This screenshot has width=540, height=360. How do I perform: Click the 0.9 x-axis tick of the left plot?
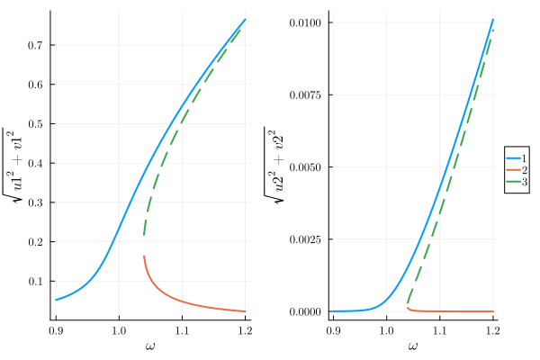56,330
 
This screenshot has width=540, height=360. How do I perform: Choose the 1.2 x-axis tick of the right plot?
492,330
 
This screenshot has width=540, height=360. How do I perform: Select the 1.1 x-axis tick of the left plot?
181,330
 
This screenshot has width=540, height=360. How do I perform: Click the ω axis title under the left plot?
149,346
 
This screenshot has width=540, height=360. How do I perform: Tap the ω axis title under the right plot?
413,346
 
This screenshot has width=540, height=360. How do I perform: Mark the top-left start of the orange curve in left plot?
144,256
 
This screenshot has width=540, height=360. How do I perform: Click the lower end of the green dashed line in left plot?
144,236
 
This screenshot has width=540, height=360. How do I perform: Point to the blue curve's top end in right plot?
493,20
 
